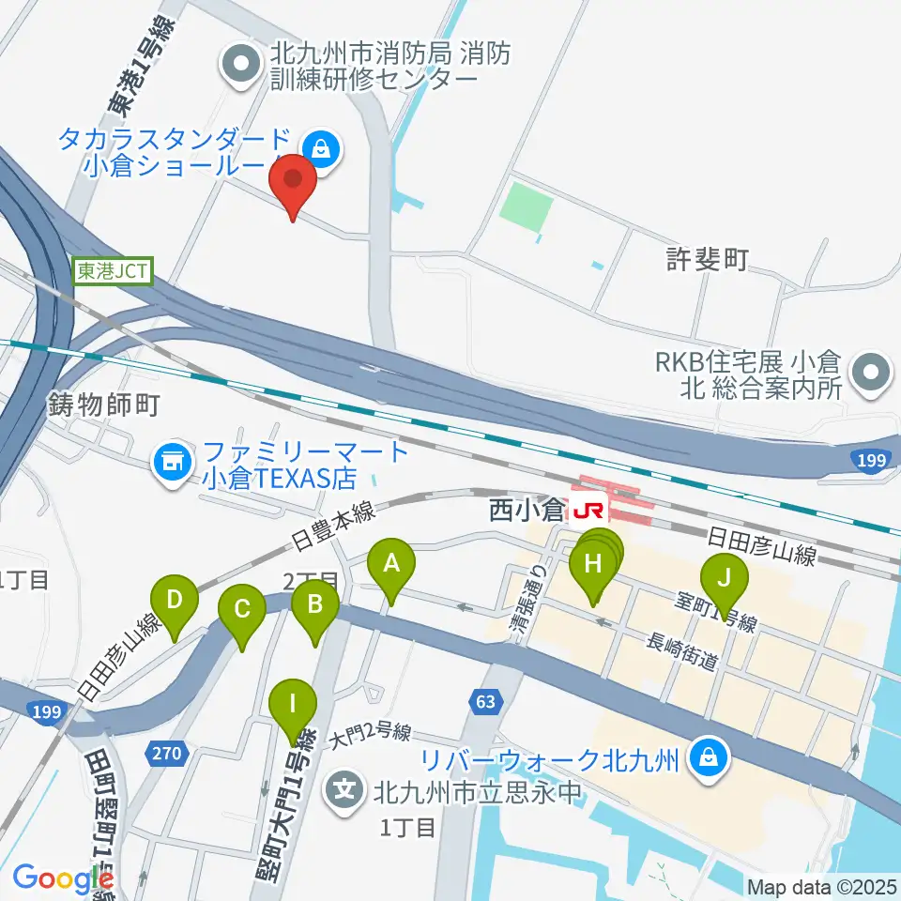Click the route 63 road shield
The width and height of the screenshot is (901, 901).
(x=484, y=700)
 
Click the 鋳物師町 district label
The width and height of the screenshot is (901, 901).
(x=103, y=405)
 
